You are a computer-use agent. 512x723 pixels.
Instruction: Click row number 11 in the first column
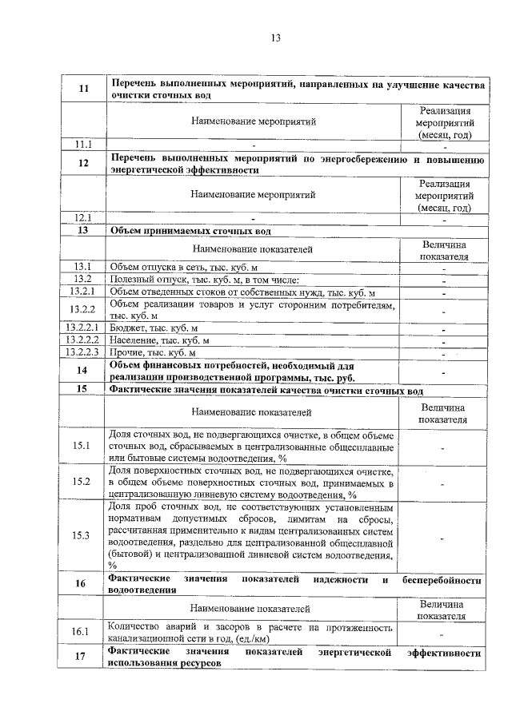(83, 89)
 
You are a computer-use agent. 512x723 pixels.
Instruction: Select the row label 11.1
(83, 145)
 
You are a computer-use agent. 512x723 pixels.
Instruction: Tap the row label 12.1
(83, 217)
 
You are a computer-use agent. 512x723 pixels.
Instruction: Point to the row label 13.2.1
(83, 292)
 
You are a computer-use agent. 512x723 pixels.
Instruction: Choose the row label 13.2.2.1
(83, 328)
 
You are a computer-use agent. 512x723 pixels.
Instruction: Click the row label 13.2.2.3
(83, 352)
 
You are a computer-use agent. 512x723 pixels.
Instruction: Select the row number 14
(83, 371)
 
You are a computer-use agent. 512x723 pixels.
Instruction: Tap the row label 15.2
(83, 482)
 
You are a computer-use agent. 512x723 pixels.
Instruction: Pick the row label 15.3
(83, 534)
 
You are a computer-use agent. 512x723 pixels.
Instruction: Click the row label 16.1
(83, 632)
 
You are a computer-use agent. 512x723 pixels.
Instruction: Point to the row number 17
(83, 658)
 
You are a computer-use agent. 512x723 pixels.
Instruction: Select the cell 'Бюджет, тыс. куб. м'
(154, 328)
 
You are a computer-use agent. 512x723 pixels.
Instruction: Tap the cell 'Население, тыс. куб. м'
(159, 340)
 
